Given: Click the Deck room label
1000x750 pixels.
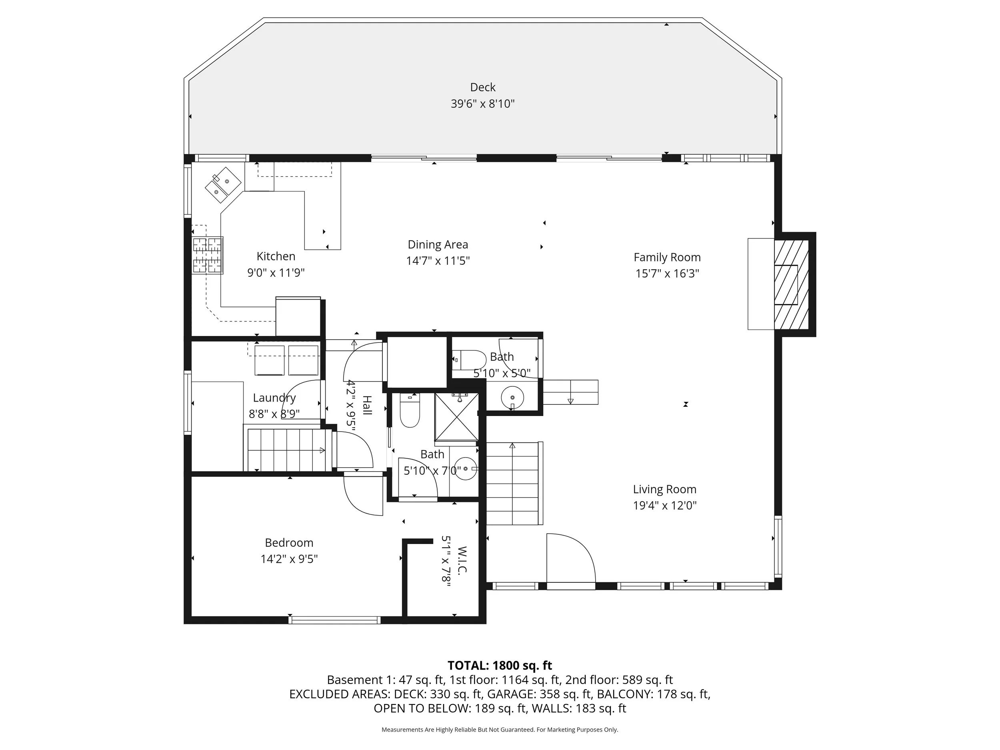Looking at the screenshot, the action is [482, 87].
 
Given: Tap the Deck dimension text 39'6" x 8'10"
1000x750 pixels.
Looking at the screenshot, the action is [482, 104].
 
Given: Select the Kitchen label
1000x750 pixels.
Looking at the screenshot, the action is [276, 256].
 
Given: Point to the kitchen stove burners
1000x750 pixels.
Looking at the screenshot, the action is [208, 256].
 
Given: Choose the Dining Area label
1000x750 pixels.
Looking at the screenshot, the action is [438, 244].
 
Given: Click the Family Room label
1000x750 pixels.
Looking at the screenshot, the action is [667, 257].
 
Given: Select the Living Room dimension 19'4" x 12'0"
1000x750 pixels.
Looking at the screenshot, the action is [664, 506].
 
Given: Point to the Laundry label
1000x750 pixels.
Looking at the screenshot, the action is [274, 398].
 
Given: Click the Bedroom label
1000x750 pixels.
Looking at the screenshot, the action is [289, 542].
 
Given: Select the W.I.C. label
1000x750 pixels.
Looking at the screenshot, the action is [462, 560].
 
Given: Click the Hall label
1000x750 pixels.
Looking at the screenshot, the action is [367, 406].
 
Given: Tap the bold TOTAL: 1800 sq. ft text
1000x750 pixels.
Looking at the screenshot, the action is [500, 666].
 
